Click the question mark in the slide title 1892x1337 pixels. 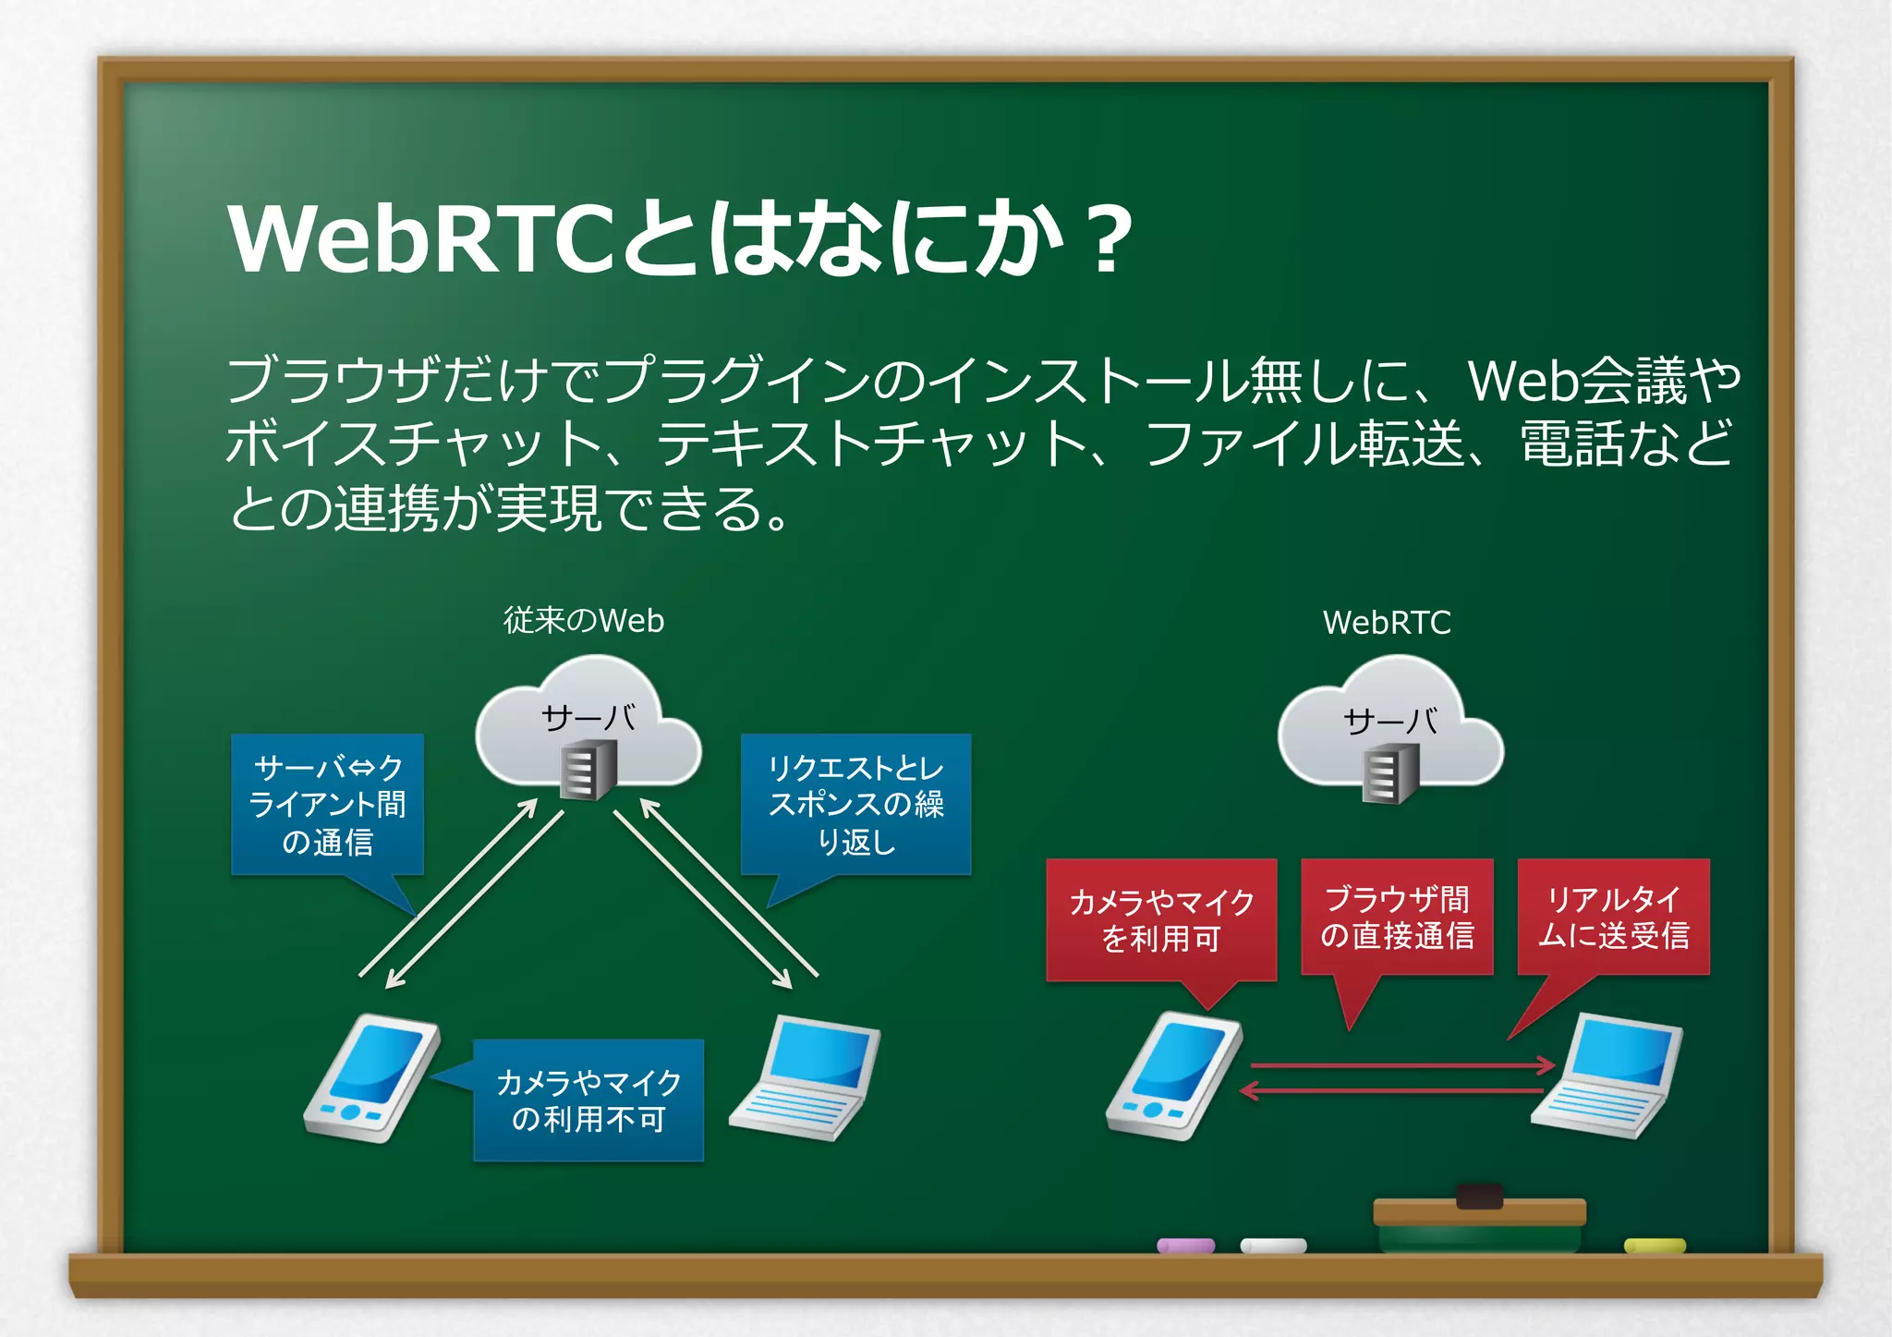(x=1109, y=240)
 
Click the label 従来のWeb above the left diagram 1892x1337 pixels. (x=583, y=620)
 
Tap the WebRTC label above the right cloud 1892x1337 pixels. (x=1387, y=623)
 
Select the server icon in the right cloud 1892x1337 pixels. (x=1390, y=774)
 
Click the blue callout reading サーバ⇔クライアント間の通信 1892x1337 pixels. (x=327, y=804)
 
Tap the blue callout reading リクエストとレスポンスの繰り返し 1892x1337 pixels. (x=855, y=804)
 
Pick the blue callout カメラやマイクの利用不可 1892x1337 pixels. (x=588, y=1100)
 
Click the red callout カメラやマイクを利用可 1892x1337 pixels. (x=1161, y=919)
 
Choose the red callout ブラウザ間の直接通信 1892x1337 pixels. (x=1397, y=917)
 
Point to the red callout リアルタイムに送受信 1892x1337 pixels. (x=1613, y=917)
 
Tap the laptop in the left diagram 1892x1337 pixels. (x=806, y=1077)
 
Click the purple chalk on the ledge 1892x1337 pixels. (x=1185, y=1246)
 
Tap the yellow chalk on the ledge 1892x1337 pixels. (x=1655, y=1246)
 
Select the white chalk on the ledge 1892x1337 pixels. (x=1273, y=1246)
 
